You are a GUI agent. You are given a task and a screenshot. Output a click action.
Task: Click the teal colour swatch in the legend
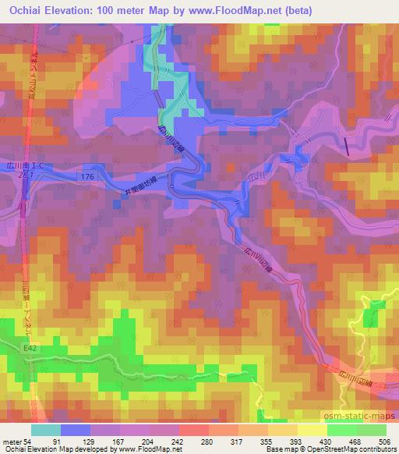click(x=46, y=429)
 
